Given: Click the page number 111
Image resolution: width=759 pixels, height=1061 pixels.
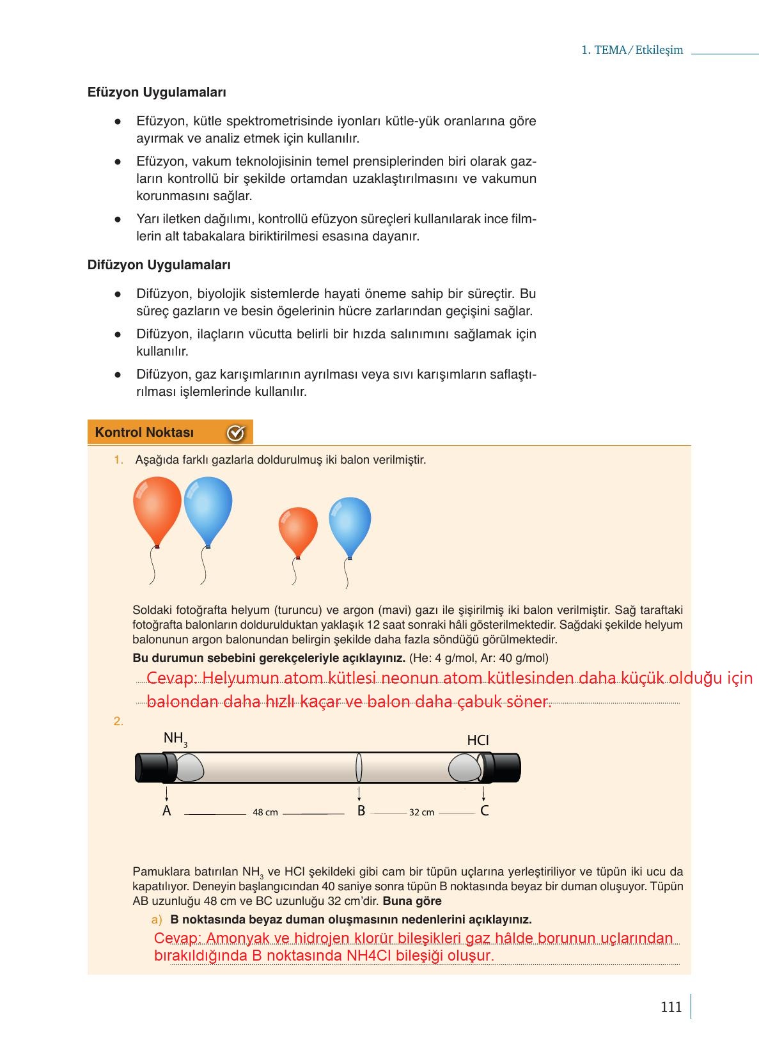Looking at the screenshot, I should click(671, 1007).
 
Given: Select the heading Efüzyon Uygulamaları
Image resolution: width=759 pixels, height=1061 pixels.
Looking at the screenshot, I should click(157, 92).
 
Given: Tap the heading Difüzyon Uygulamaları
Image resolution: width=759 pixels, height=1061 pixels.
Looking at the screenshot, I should click(159, 265).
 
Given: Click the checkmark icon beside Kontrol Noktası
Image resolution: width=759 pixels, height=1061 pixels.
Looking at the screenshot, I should click(235, 433).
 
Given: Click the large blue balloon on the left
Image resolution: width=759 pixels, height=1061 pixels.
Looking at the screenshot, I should click(208, 508).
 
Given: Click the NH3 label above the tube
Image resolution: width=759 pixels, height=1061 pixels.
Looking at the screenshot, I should click(175, 739).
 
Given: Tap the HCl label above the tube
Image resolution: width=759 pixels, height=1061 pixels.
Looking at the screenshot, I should click(478, 741).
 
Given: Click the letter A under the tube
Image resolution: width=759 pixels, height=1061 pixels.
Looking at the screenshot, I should click(167, 811).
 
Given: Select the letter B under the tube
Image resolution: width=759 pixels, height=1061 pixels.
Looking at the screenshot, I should click(361, 811).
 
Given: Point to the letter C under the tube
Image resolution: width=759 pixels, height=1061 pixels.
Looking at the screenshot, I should click(485, 811).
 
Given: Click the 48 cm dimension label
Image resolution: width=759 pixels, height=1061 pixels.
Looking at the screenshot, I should click(265, 812).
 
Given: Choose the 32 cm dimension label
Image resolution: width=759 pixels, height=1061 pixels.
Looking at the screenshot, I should click(421, 812).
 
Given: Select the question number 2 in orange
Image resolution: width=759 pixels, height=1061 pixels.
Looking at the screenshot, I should click(118, 721).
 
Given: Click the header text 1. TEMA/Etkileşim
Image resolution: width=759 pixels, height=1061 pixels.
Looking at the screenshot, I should click(632, 50).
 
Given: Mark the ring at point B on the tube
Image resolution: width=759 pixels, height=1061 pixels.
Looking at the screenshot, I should click(359, 767).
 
